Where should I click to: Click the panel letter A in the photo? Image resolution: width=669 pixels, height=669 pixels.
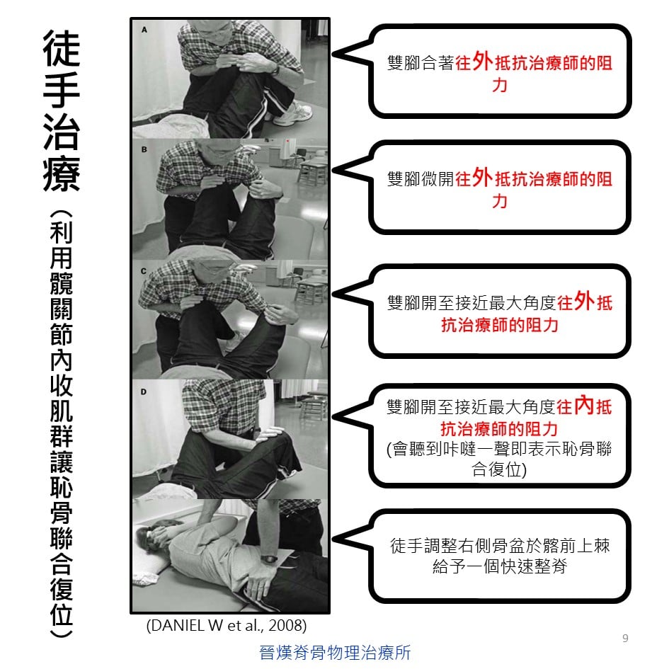coord(144,30)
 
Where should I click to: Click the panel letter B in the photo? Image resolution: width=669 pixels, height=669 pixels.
coord(144,150)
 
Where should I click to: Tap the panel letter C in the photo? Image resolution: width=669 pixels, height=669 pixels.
coord(143,271)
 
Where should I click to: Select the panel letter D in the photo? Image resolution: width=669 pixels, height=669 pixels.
coord(143,391)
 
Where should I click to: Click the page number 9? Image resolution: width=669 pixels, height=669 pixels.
coord(625,639)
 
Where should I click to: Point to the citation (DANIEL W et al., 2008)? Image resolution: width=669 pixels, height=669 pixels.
coord(226,626)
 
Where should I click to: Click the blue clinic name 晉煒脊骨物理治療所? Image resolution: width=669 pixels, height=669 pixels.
coord(335,652)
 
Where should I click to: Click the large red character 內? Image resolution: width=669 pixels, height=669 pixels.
coord(583,405)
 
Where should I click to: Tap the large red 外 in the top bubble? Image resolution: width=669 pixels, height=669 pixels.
coord(483,61)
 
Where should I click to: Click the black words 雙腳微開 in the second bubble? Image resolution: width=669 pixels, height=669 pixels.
coord(421,179)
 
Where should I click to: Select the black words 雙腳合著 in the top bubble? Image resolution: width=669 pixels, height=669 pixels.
coord(421,63)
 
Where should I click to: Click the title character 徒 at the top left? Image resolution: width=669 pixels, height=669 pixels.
coord(62,48)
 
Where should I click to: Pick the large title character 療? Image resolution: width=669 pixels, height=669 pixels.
coord(62,174)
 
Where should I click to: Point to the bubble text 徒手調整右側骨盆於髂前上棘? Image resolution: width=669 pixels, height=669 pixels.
coord(500,546)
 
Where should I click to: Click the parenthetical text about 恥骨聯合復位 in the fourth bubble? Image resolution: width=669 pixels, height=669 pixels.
coord(499,459)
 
